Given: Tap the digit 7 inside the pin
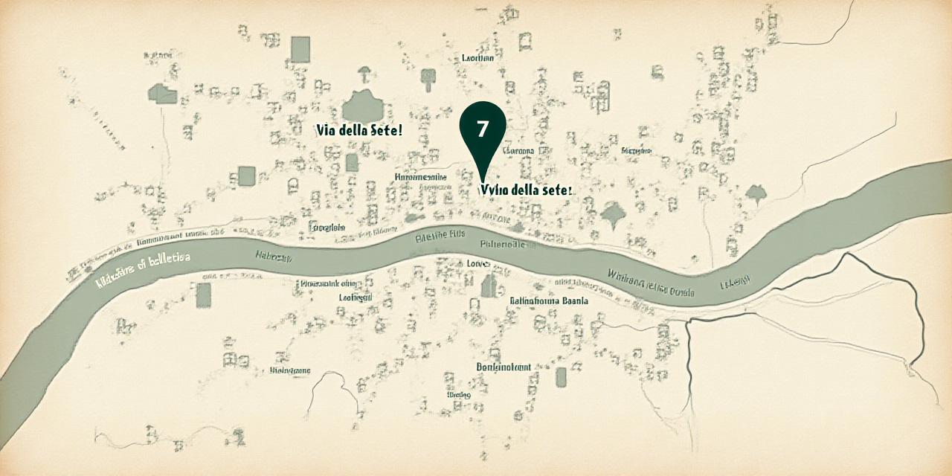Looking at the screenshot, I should pyautogui.click(x=483, y=128).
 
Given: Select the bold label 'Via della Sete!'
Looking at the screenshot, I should pyautogui.click(x=359, y=130).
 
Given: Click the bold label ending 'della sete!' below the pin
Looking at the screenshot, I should pyautogui.click(x=527, y=190).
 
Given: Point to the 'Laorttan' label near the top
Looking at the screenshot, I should pyautogui.click(x=477, y=57).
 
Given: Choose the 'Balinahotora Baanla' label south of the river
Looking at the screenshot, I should pyautogui.click(x=549, y=301).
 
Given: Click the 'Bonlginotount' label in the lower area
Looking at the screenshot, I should pyautogui.click(x=504, y=367).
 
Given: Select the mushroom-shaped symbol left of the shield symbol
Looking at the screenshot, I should pyautogui.click(x=364, y=73).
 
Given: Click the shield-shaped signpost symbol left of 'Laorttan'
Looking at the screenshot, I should pyautogui.click(x=428, y=76).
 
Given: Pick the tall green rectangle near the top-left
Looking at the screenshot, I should pyautogui.click(x=300, y=49).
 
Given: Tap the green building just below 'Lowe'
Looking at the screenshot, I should pyautogui.click(x=489, y=286).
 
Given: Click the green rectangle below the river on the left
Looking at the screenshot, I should pyautogui.click(x=204, y=295).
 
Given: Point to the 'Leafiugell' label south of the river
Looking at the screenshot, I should pyautogui.click(x=356, y=297).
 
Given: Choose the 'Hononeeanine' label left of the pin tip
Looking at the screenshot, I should pyautogui.click(x=420, y=177).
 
